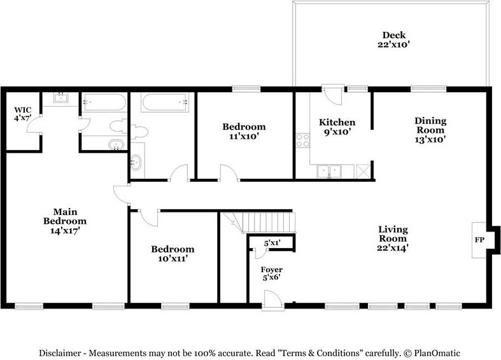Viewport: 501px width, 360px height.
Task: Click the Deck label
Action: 393,35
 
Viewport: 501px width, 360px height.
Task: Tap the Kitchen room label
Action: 337,122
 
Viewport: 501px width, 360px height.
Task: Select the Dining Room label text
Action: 430,125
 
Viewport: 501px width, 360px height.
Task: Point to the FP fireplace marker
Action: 479,240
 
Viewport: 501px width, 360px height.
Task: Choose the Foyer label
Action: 272,270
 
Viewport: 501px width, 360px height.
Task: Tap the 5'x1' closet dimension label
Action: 272,242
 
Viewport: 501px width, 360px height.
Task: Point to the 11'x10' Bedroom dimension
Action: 244,136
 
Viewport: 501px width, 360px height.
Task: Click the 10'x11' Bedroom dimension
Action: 173,259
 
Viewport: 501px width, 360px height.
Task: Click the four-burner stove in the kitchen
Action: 302,139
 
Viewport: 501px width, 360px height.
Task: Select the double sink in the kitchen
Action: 330,170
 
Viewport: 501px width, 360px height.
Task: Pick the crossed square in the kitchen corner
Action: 363,170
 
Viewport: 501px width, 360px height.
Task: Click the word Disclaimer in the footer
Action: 62,353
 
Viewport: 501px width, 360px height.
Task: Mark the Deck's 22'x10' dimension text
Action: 393,45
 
